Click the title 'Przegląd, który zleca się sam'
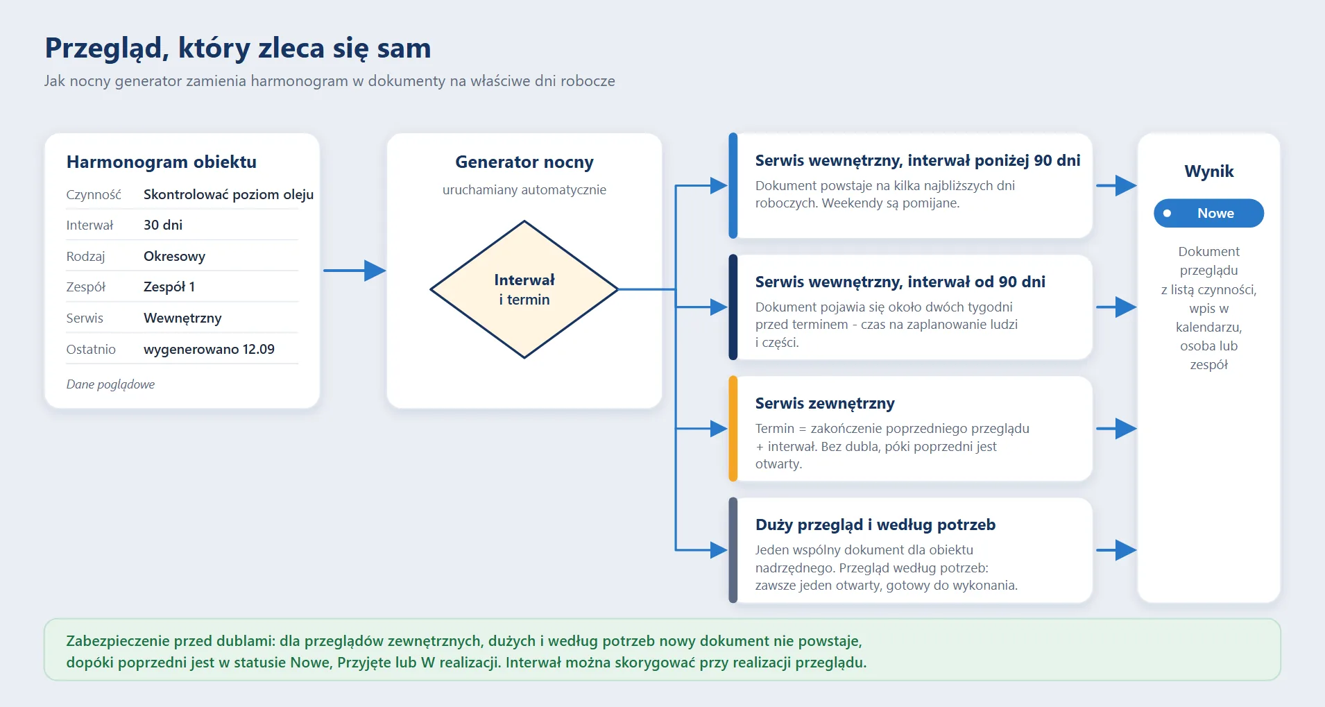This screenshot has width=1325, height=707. click(x=238, y=49)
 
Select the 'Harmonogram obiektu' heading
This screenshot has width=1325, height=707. click(x=162, y=162)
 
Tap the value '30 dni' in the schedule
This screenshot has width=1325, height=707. click(x=163, y=225)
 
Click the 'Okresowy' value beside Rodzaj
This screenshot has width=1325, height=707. click(x=174, y=256)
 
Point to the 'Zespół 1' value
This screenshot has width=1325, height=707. click(x=169, y=287)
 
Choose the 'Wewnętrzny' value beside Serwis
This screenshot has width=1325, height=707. click(x=182, y=318)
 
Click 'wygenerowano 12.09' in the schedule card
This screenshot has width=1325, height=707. click(x=209, y=349)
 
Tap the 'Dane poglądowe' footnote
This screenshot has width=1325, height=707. click(x=110, y=384)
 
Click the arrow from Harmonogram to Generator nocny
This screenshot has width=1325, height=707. click(x=354, y=271)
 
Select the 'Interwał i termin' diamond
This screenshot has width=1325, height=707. click(x=524, y=289)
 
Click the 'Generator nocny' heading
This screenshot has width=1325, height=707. click(x=524, y=162)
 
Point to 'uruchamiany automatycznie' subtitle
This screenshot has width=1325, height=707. click(x=524, y=190)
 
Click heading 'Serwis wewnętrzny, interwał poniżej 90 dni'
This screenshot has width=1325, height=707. click(x=918, y=161)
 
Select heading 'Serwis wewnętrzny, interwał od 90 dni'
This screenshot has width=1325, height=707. click(x=900, y=282)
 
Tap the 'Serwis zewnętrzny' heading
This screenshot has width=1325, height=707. click(x=825, y=403)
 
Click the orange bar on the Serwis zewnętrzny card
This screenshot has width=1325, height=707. click(x=733, y=429)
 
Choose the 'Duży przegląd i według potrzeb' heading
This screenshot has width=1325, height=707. click(x=875, y=525)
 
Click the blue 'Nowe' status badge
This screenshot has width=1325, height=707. click(x=1208, y=213)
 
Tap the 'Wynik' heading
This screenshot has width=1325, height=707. click(x=1209, y=171)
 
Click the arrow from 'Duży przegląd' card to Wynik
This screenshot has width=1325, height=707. click(x=1116, y=550)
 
